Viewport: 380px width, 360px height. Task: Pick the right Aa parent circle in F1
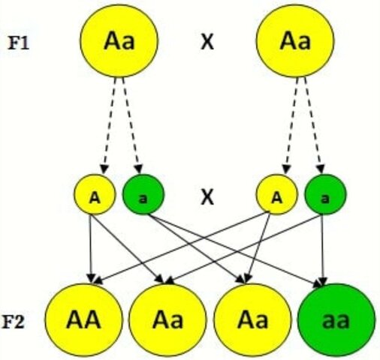pyautogui.click(x=294, y=42)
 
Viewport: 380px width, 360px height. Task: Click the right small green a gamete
pyautogui.click(x=324, y=196)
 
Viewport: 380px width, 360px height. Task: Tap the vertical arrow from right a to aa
pyautogui.click(x=324, y=247)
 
